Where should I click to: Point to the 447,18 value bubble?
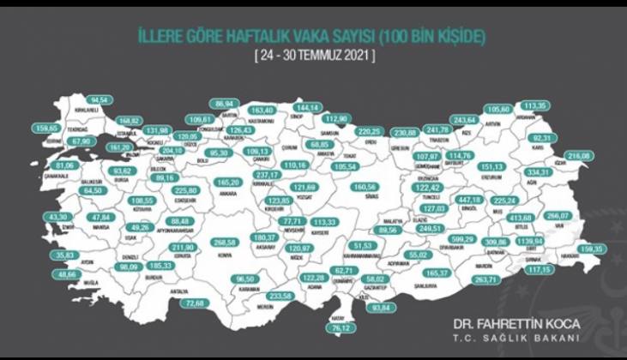point(473,200)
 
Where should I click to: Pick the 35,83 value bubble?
point(61,255)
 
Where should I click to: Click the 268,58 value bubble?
point(224,243)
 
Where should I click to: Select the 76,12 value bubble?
point(343,326)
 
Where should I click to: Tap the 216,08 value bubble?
point(580,156)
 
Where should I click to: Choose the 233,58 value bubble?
point(280,295)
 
